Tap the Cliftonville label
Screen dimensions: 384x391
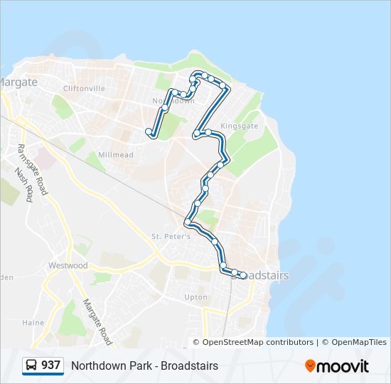pos(84,89)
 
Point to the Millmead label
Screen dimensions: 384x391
pos(115,154)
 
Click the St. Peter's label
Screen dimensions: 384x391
pos(171,236)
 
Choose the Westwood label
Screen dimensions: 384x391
pos(68,265)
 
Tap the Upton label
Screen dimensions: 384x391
pos(195,297)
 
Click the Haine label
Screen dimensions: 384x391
pos(33,322)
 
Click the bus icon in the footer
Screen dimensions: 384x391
pos(32,366)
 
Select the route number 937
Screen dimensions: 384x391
pos(51,366)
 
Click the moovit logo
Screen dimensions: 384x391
pos(337,366)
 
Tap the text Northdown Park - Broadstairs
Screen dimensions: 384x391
pos(144,366)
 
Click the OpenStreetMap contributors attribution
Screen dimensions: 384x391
pos(257,342)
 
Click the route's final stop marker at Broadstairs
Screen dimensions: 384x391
pos(243,275)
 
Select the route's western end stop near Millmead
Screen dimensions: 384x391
pos(149,132)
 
